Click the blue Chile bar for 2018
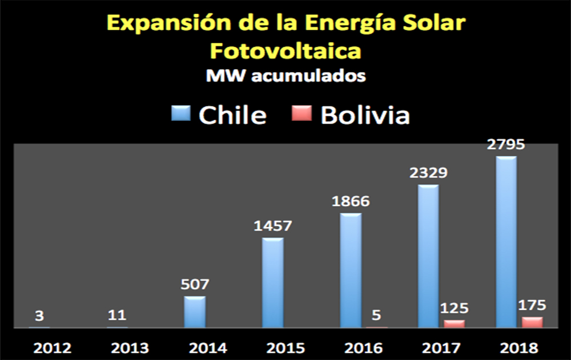pyautogui.click(x=506, y=242)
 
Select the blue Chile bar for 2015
pyautogui.click(x=272, y=282)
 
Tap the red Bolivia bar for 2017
pyautogui.click(x=455, y=323)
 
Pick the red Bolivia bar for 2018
pyautogui.click(x=532, y=322)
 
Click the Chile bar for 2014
pyautogui.click(x=195, y=312)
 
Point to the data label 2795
pyautogui.click(x=506, y=144)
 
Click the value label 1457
pyautogui.click(x=272, y=225)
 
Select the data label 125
pyautogui.click(x=455, y=309)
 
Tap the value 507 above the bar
pyautogui.click(x=195, y=284)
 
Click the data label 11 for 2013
pyautogui.click(x=117, y=315)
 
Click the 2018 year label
pyautogui.click(x=506, y=347)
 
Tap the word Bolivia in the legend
pyautogui.click(x=365, y=115)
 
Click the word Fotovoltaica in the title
pyautogui.click(x=285, y=51)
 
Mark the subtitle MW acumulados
pyautogui.click(x=285, y=76)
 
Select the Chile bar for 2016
pyautogui.click(x=351, y=270)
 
